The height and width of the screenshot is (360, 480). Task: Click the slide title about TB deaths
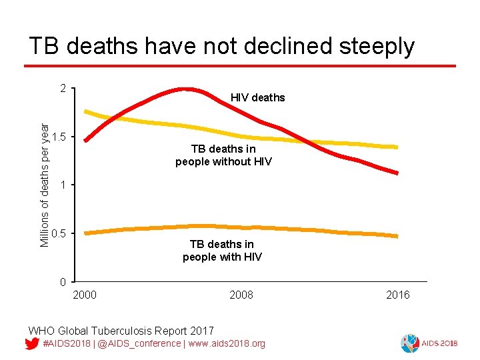tap(221, 46)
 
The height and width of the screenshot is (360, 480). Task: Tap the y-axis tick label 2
tap(62, 89)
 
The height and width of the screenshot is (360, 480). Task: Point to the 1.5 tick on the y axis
tap(58, 137)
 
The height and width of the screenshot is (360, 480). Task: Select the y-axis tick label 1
tap(62, 185)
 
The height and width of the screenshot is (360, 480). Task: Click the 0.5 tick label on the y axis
tap(58, 233)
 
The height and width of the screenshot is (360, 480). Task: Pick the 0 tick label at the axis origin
tap(62, 281)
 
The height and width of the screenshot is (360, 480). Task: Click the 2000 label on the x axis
tap(84, 295)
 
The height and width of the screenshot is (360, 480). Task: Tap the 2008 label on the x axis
tap(241, 295)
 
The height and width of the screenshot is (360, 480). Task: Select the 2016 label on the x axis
tap(398, 295)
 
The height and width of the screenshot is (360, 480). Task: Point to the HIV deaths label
tap(257, 98)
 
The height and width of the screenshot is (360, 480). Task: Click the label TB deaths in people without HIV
tap(223, 155)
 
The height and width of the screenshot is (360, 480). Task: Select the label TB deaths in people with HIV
tap(222, 251)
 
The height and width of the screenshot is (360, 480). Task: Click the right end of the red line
tap(397, 173)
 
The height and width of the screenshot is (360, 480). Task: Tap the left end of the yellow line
tap(86, 111)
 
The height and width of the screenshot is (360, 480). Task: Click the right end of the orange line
tap(397, 236)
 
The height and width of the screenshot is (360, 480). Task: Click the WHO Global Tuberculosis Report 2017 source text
tap(121, 331)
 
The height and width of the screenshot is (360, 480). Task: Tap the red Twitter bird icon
tap(31, 343)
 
